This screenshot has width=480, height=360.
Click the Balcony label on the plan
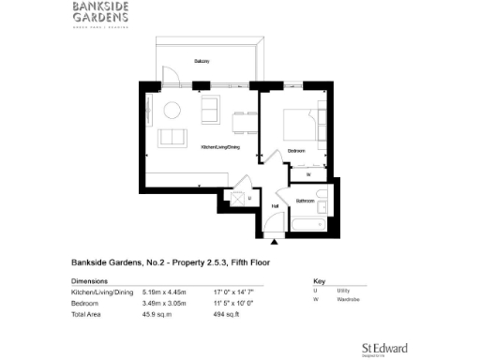tap(202, 61)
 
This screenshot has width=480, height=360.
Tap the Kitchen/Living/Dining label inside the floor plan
tap(220, 147)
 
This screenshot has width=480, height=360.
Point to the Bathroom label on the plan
tap(305, 201)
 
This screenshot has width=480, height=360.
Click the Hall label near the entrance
tap(276, 206)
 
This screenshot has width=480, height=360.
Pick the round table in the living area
tap(172, 111)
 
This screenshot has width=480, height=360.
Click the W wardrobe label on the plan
tap(307, 173)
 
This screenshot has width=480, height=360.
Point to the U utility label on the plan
tap(250, 199)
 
